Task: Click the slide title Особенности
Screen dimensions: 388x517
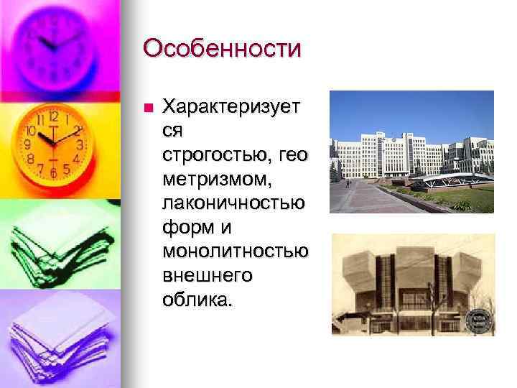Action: click(x=222, y=49)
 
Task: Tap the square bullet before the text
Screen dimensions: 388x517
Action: click(x=148, y=108)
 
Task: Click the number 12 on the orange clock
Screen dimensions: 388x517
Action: click(x=54, y=116)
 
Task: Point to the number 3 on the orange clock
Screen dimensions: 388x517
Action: click(x=80, y=145)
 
